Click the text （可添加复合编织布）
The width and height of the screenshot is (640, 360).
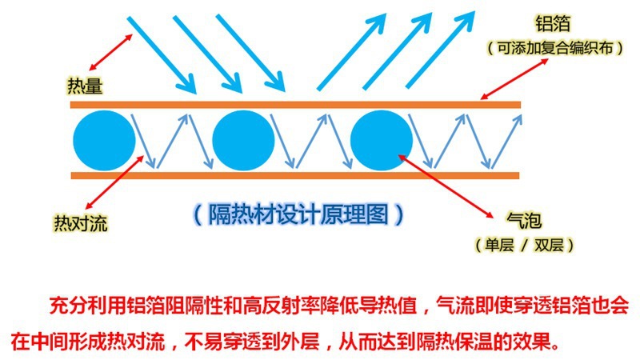(555, 49)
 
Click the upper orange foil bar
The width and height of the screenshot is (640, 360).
(296, 105)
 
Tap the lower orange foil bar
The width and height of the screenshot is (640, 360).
(296, 175)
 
